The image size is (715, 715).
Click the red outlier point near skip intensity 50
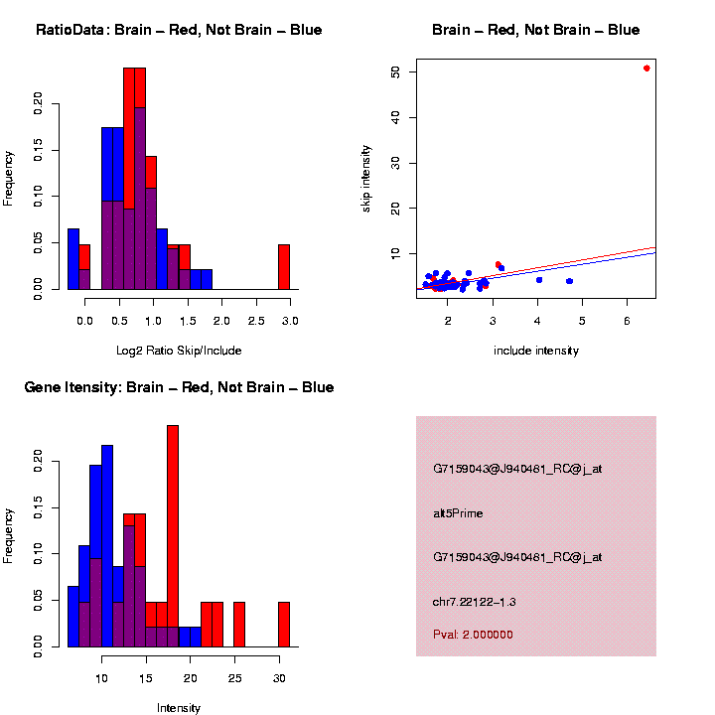[646, 68]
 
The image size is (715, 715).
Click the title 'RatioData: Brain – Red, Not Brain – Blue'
[179, 30]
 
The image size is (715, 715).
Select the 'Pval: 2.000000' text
[474, 634]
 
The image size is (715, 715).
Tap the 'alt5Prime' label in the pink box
[458, 513]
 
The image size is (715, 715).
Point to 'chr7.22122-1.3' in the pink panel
[475, 602]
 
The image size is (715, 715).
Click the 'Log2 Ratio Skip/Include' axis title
[179, 350]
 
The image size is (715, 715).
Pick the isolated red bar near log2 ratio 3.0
[284, 266]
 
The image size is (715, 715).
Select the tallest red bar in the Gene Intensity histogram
[173, 536]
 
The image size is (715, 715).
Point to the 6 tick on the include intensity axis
[627, 321]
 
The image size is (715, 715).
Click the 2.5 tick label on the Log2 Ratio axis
[256, 321]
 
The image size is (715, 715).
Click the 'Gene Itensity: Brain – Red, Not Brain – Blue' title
[179, 387]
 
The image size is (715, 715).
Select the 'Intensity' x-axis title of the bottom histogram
[179, 708]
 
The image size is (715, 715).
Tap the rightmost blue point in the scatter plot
[570, 281]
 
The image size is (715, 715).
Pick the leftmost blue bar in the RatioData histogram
[73, 259]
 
